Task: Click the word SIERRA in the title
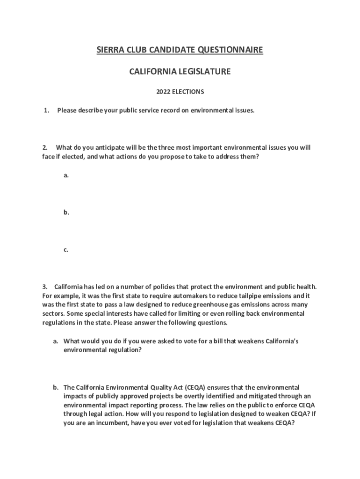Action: pos(108,50)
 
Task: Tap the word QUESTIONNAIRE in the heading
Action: pos(230,50)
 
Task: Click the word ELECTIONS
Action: pos(188,92)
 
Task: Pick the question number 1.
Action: pos(46,110)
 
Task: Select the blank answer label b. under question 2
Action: pos(66,212)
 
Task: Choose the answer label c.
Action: pos(66,250)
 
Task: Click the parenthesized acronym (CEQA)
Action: pos(194,387)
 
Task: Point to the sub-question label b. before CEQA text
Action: pos(55,387)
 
